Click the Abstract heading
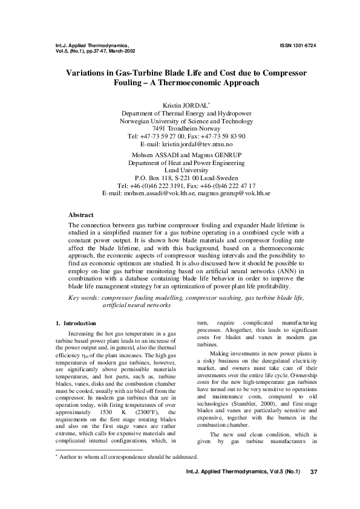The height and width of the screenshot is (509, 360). point(81,215)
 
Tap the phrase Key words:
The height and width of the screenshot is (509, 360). point(84,299)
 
